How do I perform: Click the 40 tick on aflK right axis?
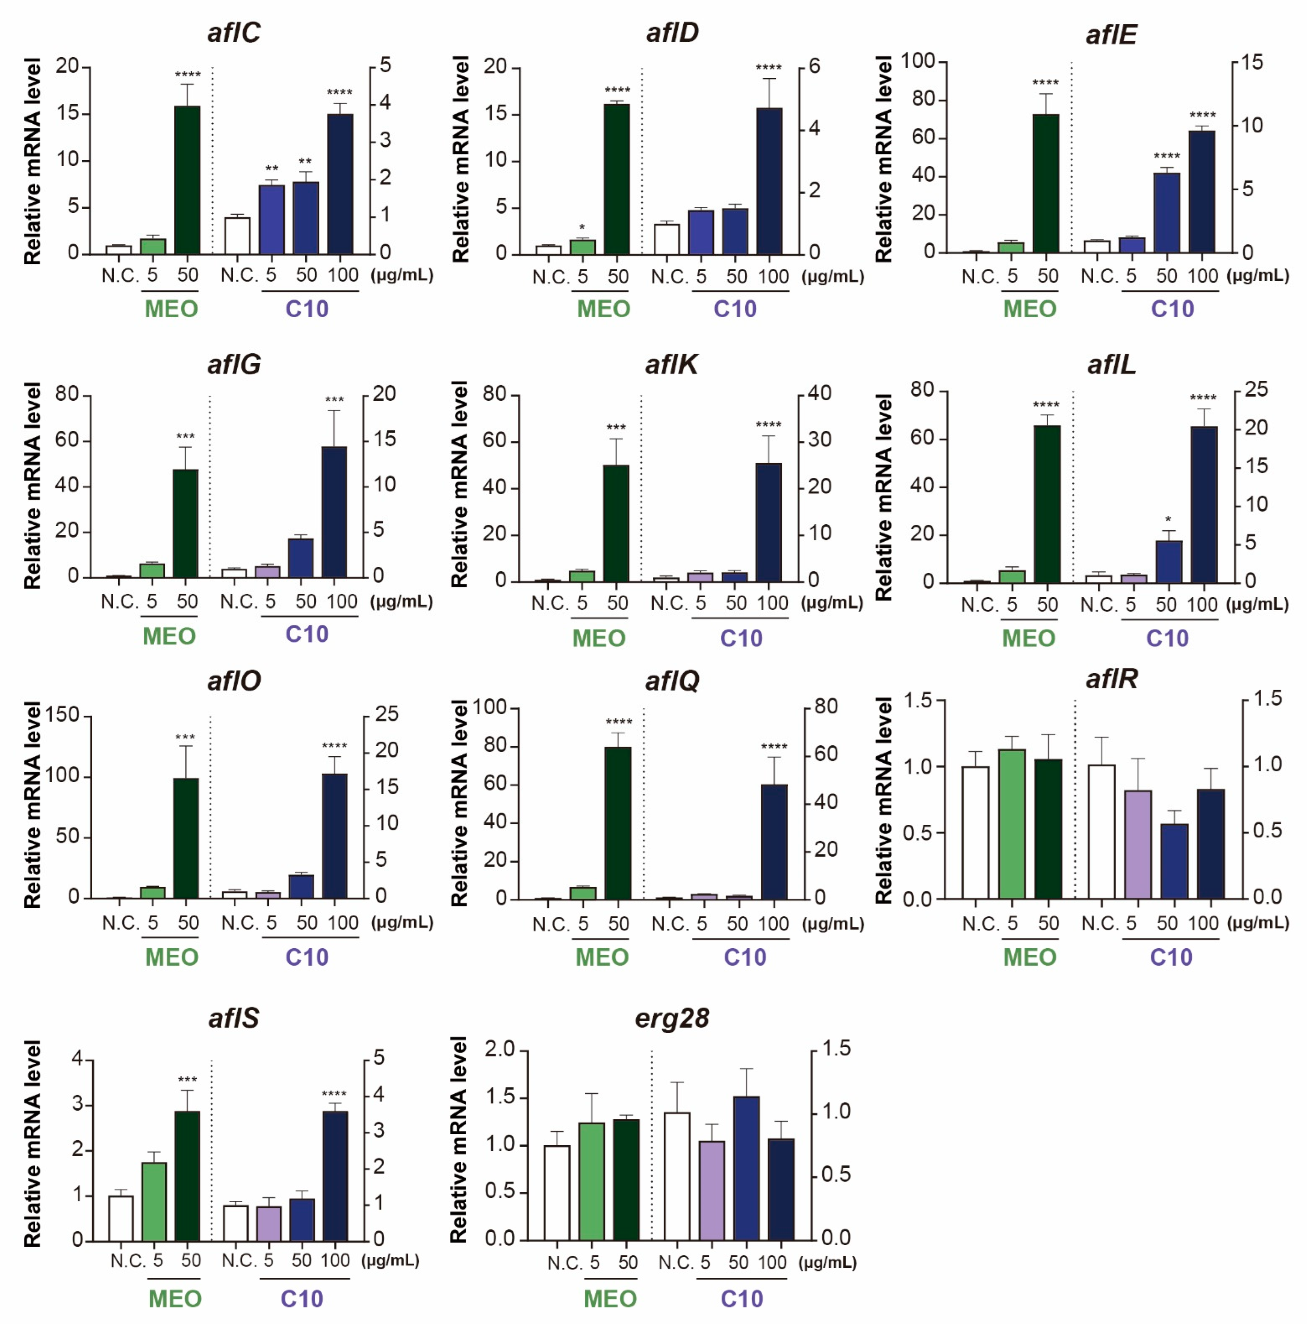[x=819, y=393]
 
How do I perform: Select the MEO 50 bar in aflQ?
[x=618, y=822]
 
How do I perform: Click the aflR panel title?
[x=1112, y=679]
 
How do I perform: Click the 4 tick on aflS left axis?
[x=77, y=1059]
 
